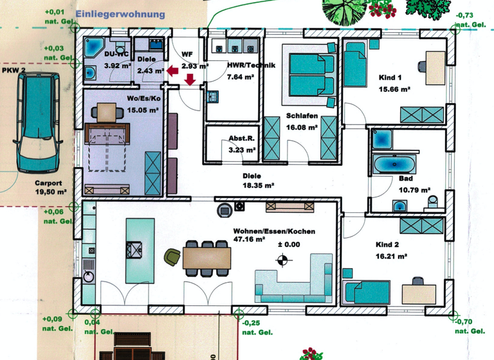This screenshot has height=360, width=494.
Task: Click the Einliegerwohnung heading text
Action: (x=120, y=14)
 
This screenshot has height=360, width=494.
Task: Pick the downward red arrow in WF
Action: (x=190, y=80)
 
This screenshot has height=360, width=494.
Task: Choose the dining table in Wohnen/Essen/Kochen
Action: (x=207, y=257)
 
